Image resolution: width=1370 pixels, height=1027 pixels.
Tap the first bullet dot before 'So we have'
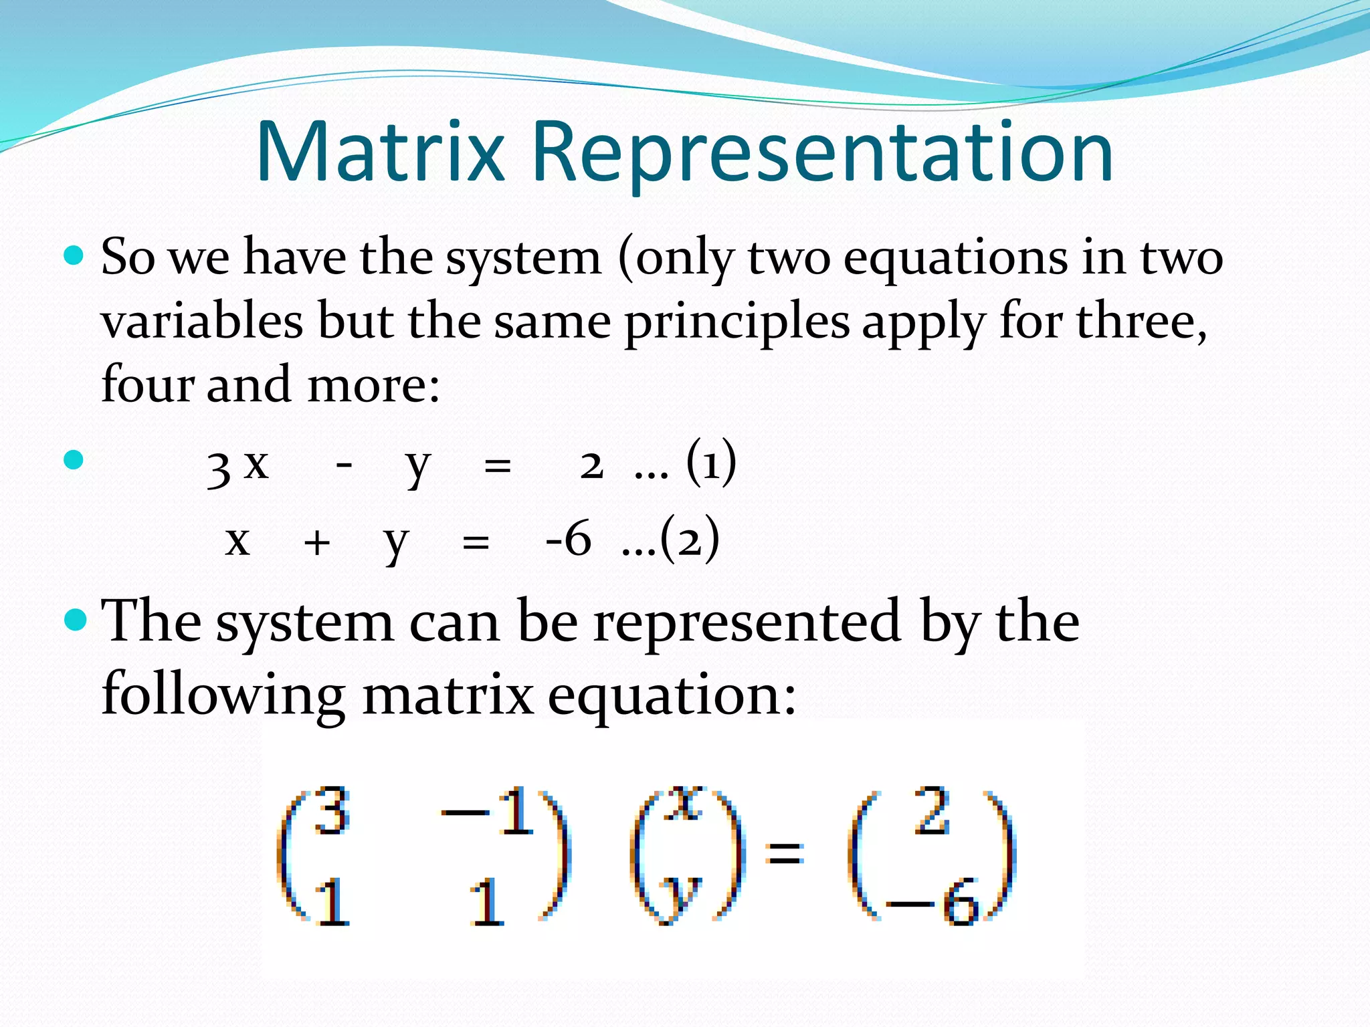(x=74, y=255)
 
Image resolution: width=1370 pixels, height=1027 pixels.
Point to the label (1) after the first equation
(x=711, y=463)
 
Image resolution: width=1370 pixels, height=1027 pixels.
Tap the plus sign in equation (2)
(x=316, y=542)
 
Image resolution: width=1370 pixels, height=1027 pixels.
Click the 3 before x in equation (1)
(x=219, y=468)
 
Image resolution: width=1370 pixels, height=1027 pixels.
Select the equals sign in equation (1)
(x=497, y=466)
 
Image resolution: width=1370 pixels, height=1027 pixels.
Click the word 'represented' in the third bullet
(x=747, y=622)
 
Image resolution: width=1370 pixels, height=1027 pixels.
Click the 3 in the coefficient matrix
(x=332, y=811)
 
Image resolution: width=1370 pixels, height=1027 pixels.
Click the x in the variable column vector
(x=682, y=804)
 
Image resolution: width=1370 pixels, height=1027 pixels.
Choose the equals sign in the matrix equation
(x=785, y=853)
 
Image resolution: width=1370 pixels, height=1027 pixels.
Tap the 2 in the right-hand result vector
(x=933, y=811)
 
